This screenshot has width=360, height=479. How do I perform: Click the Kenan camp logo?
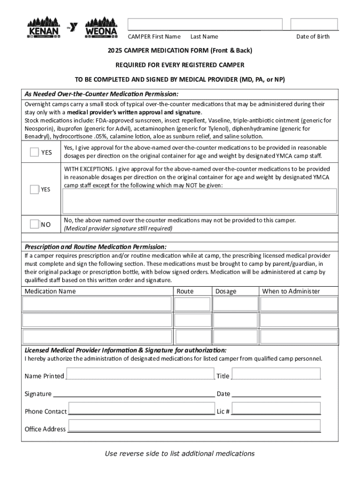tap(43, 28)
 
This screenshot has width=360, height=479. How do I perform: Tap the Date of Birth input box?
tap(314, 24)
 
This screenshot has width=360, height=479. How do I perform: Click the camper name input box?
tap(205, 24)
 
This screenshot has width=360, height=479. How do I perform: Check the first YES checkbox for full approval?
tap(35, 152)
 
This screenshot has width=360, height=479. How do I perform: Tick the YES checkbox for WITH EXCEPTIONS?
tap(35, 189)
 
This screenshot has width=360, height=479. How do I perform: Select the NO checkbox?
tap(35, 224)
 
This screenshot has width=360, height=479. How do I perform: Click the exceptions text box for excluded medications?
tap(200, 201)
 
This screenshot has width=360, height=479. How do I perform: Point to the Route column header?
tap(185, 291)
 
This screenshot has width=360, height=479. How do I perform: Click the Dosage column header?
tap(226, 291)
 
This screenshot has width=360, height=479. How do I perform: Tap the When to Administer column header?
tap(291, 291)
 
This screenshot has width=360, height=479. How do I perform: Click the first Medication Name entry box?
tap(97, 304)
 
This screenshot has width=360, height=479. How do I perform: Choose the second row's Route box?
tap(192, 320)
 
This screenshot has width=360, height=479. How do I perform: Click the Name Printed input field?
tap(140, 374)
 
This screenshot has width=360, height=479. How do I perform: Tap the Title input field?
tap(276, 374)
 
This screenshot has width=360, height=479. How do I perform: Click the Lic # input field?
tap(276, 408)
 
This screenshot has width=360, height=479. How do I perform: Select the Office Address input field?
tap(194, 426)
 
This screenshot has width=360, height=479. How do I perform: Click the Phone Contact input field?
tap(141, 408)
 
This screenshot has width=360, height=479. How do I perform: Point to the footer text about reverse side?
tap(180, 453)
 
